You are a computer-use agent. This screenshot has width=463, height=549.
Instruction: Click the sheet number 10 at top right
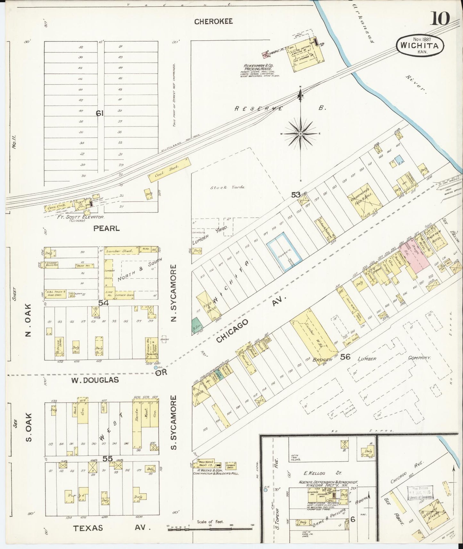pos(441,18)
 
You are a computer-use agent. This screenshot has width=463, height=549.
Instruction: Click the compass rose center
pos(301,134)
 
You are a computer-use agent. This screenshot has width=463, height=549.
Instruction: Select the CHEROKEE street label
pos(213,21)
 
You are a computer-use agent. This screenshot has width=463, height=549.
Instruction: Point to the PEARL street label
pos(106,228)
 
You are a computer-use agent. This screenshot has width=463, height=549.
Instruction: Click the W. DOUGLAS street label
pos(95,380)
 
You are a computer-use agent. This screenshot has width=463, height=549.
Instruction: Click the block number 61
pos(100,113)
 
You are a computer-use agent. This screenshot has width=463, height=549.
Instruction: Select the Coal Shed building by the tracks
pos(169,170)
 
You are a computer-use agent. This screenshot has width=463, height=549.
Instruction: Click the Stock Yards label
pos(227,187)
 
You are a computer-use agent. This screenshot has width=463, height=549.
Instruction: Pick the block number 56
pos(345,356)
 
